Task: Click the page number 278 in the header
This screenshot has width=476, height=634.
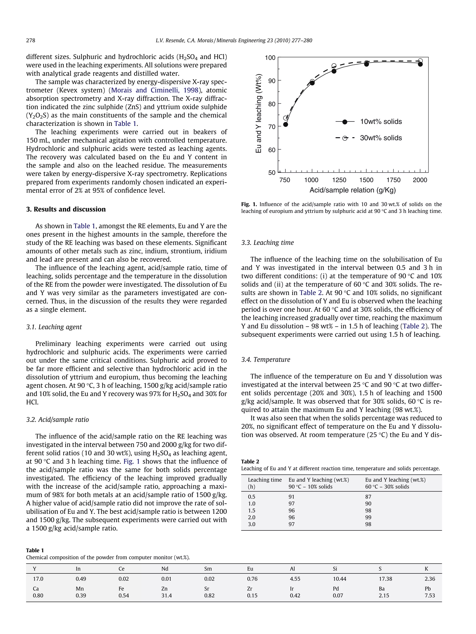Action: pos(31,40)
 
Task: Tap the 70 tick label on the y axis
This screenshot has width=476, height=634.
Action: pos(271,127)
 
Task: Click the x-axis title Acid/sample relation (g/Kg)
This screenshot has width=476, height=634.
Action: pos(353,190)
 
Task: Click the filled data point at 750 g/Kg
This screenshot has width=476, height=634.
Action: pos(285,124)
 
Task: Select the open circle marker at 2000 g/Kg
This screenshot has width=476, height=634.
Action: pos(420,61)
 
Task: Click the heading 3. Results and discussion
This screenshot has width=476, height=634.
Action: pos(66,209)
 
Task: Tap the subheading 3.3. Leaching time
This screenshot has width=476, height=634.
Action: pos(268,243)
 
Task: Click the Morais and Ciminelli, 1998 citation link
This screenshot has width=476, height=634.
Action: pos(155,90)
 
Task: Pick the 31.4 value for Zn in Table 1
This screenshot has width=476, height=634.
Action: pos(166,595)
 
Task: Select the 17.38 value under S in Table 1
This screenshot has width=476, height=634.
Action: pos(385,579)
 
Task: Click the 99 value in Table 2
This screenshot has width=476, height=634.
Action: pos(368,517)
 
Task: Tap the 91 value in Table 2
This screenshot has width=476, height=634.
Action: pos(291,497)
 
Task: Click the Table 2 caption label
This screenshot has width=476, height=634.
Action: pos(250,462)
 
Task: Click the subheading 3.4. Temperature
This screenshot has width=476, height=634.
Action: pos(265,360)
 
